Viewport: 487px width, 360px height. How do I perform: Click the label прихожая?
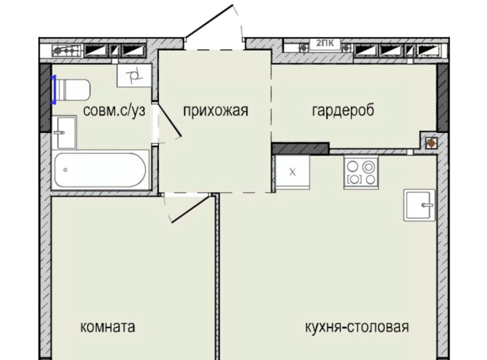coord(216,111)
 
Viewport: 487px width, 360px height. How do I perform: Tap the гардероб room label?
coord(343,111)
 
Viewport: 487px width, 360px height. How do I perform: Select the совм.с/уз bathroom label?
coord(114,111)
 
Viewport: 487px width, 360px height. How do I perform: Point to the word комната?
coord(108,327)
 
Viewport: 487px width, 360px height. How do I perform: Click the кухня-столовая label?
coord(357,327)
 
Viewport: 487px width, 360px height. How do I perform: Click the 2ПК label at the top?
coord(325,43)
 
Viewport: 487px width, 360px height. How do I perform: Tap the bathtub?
coord(100,170)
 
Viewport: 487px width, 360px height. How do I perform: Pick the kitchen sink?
coord(420,205)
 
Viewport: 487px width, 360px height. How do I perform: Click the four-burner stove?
coord(361,172)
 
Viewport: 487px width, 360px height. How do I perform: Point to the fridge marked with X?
coord(292,172)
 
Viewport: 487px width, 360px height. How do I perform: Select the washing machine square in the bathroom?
coord(134,76)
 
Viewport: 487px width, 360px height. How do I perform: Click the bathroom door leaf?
coord(169,120)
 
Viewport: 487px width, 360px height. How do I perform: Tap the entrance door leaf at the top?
coord(209,21)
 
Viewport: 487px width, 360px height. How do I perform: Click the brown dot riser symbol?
coord(431,143)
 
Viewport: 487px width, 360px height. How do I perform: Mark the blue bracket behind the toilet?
coord(54,90)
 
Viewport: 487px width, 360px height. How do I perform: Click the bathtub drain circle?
coord(65,170)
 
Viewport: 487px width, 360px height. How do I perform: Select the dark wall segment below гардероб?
coord(300,149)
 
